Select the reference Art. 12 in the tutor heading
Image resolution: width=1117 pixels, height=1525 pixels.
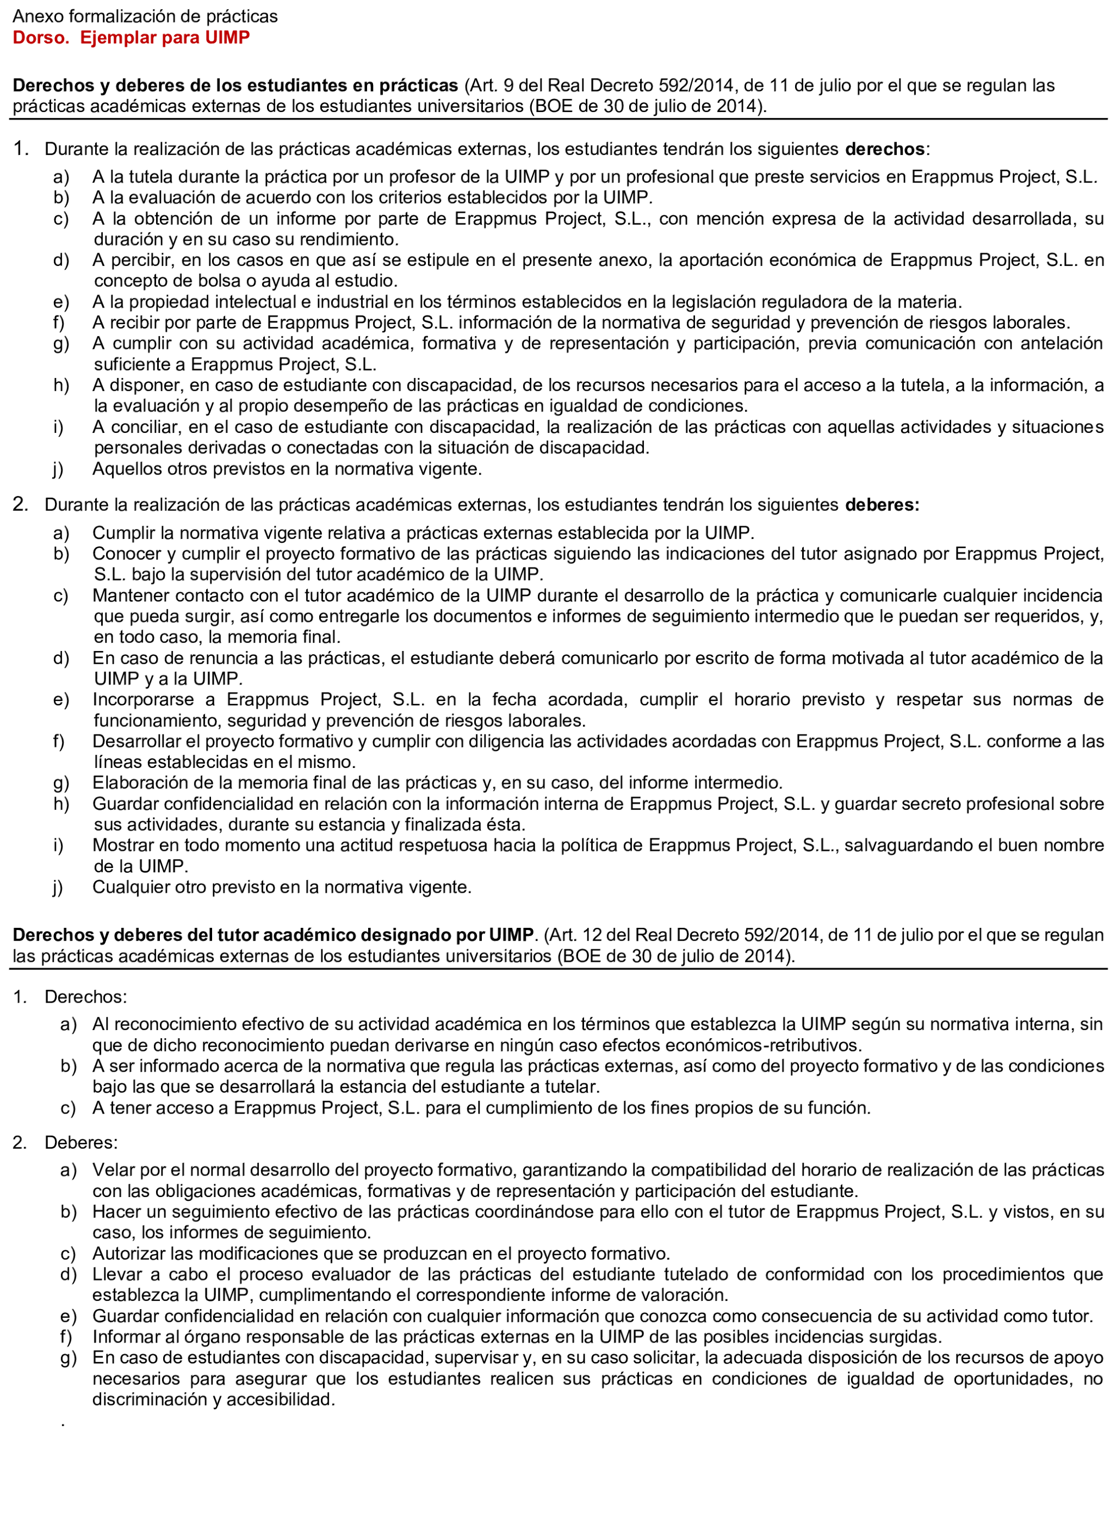574,935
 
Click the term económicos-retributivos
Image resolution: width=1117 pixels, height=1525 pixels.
763,1046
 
